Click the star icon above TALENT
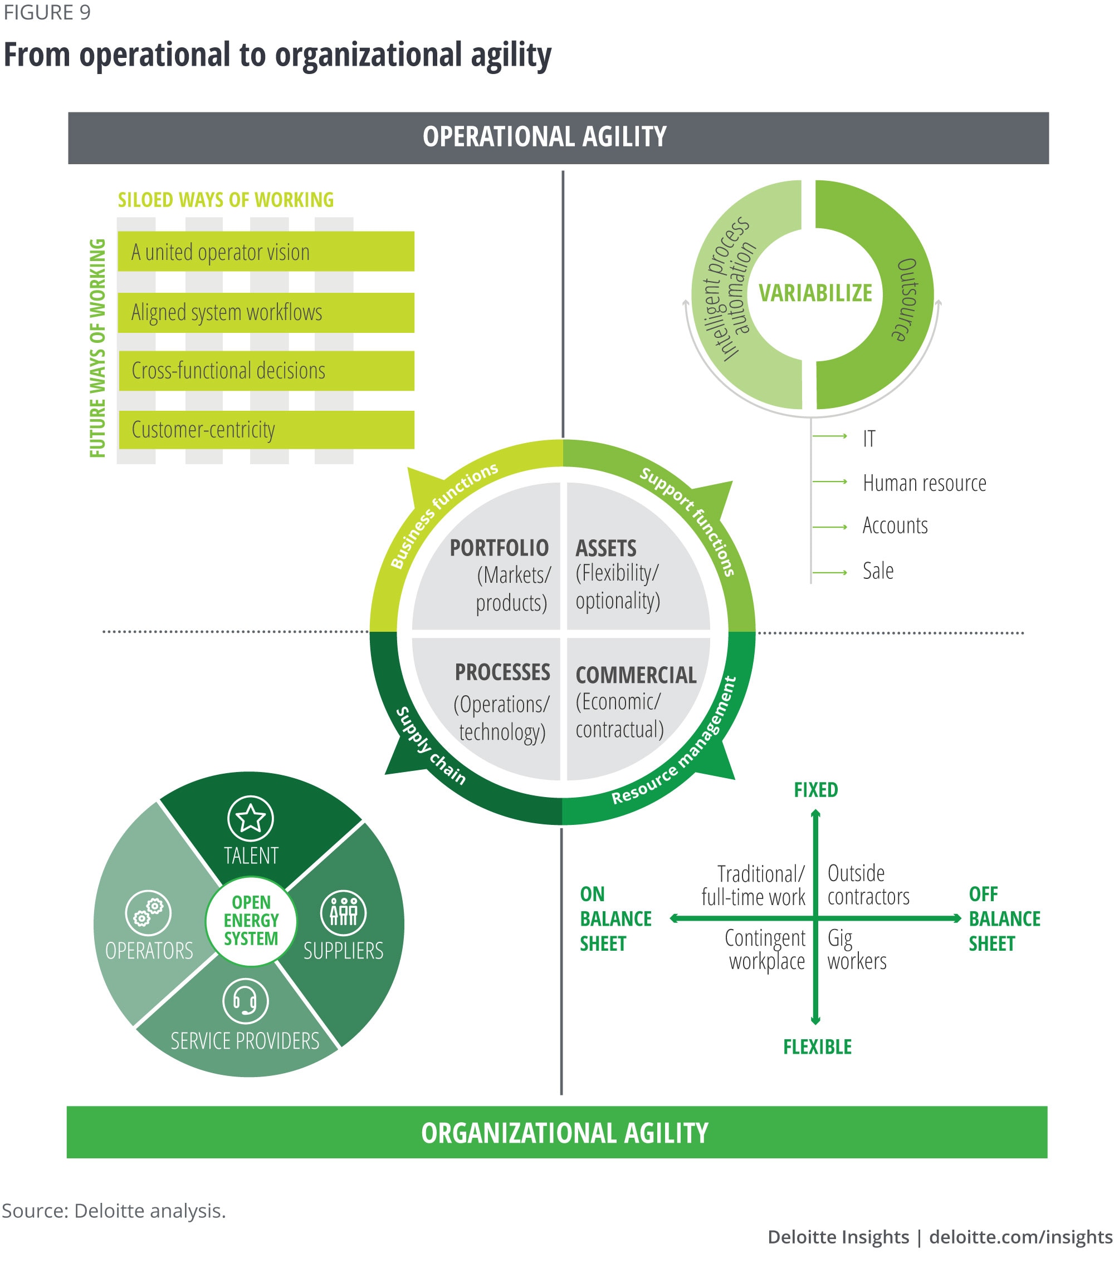[x=250, y=818]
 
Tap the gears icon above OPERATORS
[x=148, y=912]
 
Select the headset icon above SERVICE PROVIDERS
[x=245, y=1001]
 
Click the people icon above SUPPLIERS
[x=343, y=912]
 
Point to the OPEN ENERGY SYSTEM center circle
[x=251, y=921]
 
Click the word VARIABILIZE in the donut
[x=815, y=293]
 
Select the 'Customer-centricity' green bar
[x=266, y=430]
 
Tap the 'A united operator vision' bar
[x=266, y=252]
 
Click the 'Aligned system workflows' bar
[x=266, y=313]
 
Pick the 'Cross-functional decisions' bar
[x=266, y=371]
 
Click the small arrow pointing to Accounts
[x=830, y=527]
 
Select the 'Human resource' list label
[x=924, y=483]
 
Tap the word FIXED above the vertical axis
[x=815, y=790]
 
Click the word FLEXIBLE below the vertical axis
[x=817, y=1047]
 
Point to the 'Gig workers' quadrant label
[x=857, y=950]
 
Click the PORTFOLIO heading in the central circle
[x=499, y=548]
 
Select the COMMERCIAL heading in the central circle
[x=636, y=675]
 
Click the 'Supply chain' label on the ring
[x=431, y=745]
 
